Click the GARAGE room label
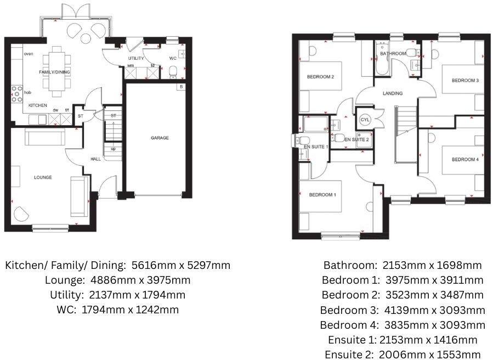pyautogui.click(x=160, y=138)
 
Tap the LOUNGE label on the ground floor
pyautogui.click(x=43, y=177)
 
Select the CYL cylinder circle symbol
pyautogui.click(x=365, y=120)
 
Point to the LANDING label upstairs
pyautogui.click(x=393, y=93)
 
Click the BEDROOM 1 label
pyautogui.click(x=322, y=195)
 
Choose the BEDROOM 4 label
pyautogui.click(x=465, y=160)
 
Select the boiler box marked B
pyautogui.click(x=180, y=87)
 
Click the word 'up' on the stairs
pyautogui.click(x=113, y=149)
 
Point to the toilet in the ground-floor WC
pyautogui.click(x=173, y=70)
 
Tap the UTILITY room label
pyautogui.click(x=136, y=58)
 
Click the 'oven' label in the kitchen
pyautogui.click(x=29, y=54)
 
